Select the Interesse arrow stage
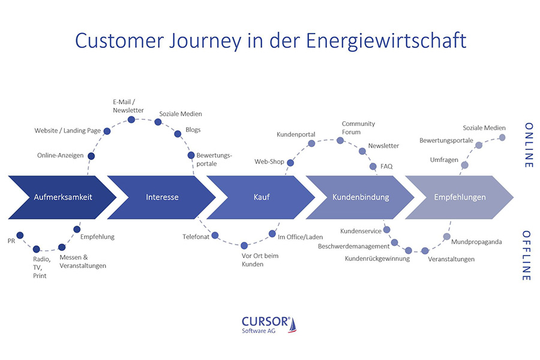point(162,196)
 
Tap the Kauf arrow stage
point(262,196)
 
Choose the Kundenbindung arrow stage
point(361,196)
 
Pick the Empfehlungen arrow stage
point(460,196)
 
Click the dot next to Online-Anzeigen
point(91,156)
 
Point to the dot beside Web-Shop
point(290,162)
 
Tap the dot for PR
point(20,235)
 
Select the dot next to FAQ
point(373,166)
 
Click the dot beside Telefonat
point(215,235)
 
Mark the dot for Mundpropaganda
point(446,236)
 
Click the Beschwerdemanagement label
point(353,246)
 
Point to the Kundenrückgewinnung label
point(377,259)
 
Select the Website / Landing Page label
point(67,130)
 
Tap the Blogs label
point(193,130)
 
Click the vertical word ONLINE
point(528,145)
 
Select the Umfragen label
point(444,160)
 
